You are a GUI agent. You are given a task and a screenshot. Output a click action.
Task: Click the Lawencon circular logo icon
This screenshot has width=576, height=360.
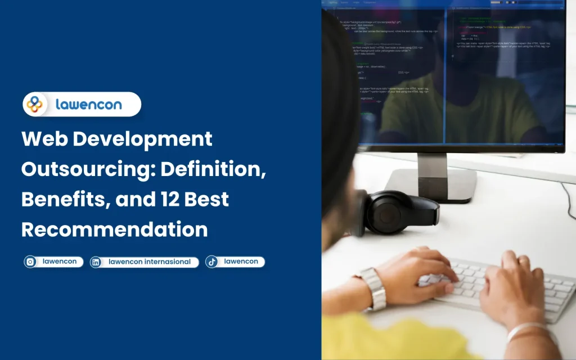[x=35, y=104]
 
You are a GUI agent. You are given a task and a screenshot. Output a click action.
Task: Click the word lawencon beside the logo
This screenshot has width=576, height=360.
[x=89, y=104]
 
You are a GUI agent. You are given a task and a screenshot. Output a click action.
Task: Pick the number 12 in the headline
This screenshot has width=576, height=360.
[x=172, y=200]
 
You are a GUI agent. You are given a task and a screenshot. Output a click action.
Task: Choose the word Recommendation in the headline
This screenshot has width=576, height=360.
[x=115, y=229]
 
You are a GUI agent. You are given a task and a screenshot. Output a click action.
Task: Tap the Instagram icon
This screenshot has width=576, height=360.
[x=31, y=262]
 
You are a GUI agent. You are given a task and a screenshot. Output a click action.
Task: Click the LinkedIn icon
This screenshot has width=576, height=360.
[x=96, y=262]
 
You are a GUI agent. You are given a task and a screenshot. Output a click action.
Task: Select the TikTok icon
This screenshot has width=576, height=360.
[x=212, y=262]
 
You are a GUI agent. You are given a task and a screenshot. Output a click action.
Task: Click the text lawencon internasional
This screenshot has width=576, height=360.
[x=149, y=262]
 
